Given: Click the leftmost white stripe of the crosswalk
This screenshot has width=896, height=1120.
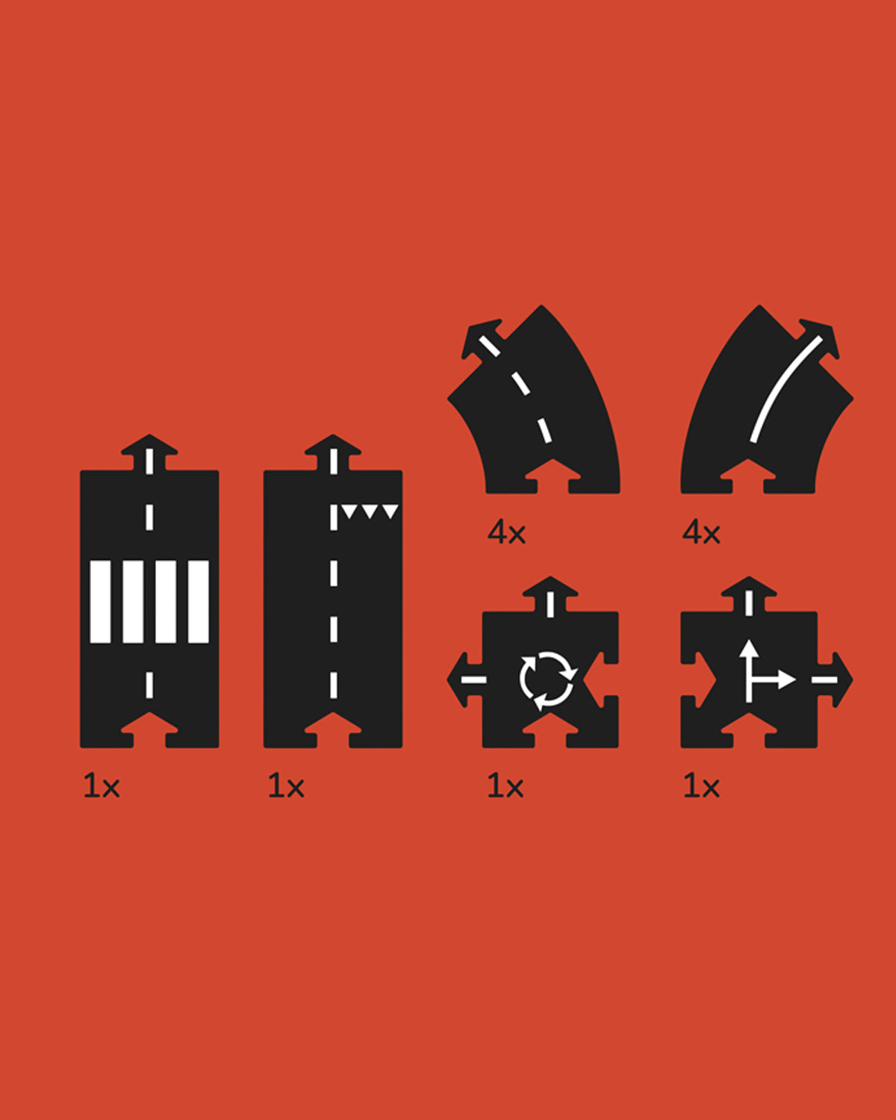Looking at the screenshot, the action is (x=100, y=602).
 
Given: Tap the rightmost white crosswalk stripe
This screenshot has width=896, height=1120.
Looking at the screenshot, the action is (x=199, y=602).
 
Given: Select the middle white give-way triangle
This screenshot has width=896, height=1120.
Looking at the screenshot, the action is (x=369, y=511).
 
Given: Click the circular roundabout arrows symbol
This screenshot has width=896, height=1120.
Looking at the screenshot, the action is (x=548, y=680).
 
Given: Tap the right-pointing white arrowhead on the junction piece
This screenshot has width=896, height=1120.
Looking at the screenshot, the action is (x=787, y=680).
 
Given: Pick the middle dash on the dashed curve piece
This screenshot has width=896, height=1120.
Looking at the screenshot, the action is (x=520, y=383).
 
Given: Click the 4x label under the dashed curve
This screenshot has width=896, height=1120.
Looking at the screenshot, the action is (x=506, y=533).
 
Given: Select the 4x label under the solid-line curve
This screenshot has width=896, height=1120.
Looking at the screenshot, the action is (x=701, y=533).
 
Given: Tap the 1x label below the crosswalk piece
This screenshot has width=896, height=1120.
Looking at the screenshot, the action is (x=101, y=786).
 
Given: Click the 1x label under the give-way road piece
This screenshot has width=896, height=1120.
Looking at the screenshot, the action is (x=285, y=786).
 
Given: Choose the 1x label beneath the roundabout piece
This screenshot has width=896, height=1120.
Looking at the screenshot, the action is (x=505, y=786).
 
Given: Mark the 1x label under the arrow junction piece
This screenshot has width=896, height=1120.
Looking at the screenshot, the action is (x=701, y=786).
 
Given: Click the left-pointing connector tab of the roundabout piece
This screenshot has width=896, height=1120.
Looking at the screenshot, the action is (x=465, y=679).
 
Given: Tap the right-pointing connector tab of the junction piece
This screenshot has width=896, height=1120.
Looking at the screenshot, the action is (x=835, y=679).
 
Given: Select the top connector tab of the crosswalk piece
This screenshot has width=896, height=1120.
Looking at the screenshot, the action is (x=149, y=452).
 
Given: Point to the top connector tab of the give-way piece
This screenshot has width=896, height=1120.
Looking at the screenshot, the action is (x=333, y=452).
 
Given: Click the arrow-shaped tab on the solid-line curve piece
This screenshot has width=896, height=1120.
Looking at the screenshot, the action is (x=818, y=339).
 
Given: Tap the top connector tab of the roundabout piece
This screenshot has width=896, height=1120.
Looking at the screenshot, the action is (x=550, y=594).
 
